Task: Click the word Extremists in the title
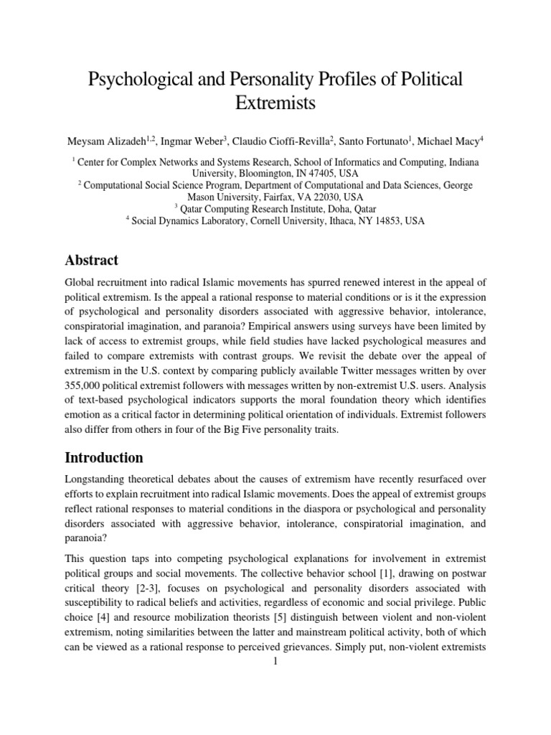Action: pyautogui.click(x=275, y=103)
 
